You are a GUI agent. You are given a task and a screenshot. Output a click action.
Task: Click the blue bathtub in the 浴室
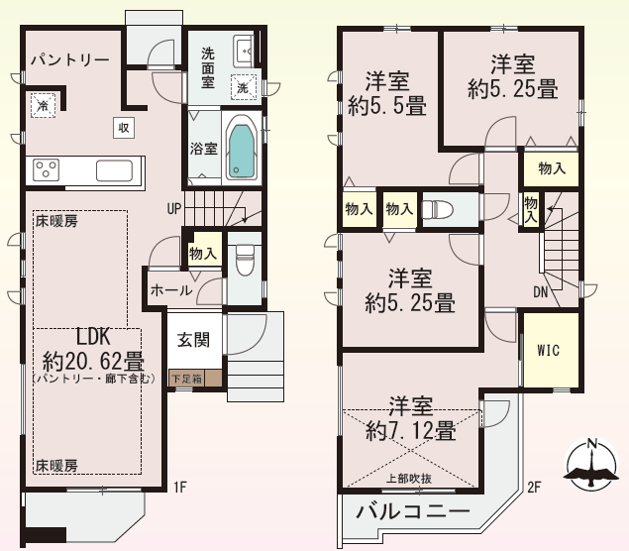point(241,152)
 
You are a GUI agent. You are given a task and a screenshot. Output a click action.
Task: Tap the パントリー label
point(70,60)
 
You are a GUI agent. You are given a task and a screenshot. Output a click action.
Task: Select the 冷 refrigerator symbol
point(43,106)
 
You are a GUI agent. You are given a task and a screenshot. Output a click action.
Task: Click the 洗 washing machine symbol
point(243,87)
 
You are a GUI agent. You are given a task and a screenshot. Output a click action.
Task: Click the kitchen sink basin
point(114,170)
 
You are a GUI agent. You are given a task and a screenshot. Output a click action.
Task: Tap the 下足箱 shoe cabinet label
point(186,379)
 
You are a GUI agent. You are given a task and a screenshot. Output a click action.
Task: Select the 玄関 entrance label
point(194,340)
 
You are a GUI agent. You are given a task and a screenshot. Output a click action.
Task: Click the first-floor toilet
point(245,260)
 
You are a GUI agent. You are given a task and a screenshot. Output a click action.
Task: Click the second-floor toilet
point(438,209)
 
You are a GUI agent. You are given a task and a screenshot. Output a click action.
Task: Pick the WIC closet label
point(549,351)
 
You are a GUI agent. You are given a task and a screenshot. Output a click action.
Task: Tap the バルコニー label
point(413,511)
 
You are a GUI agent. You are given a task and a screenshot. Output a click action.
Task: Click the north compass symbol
point(591,465)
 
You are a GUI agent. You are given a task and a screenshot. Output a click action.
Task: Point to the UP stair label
point(174,209)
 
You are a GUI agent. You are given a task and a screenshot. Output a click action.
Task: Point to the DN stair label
point(541,292)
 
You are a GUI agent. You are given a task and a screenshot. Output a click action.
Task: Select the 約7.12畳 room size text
point(410,432)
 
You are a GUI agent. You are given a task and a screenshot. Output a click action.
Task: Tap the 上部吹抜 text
point(409,479)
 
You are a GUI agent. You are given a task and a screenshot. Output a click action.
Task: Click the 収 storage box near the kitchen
point(124,128)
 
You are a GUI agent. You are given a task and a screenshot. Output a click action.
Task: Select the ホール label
point(171,290)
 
